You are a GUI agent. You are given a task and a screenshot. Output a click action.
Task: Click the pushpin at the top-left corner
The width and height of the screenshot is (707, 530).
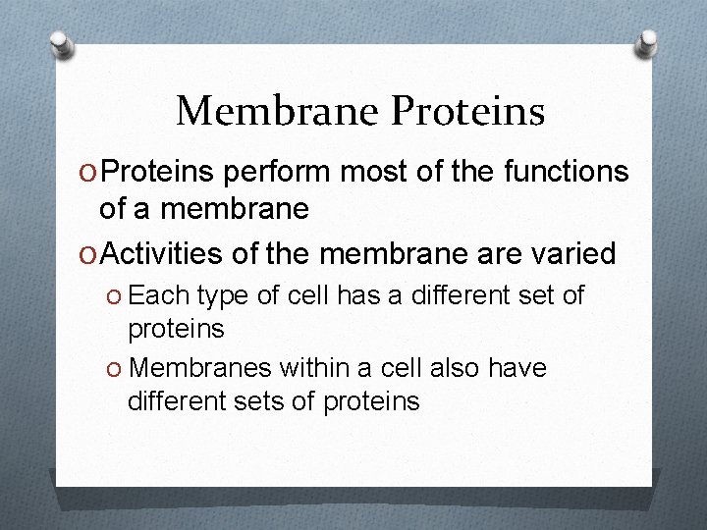click(x=61, y=43)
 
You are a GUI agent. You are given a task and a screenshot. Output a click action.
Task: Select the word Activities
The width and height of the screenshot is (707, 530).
click(x=163, y=254)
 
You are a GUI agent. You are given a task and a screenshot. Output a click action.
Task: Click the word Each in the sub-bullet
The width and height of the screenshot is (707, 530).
click(x=159, y=295)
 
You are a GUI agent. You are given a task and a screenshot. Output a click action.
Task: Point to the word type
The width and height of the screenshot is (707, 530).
click(x=223, y=296)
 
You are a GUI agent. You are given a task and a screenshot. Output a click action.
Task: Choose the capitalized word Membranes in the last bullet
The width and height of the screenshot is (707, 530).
click(x=200, y=368)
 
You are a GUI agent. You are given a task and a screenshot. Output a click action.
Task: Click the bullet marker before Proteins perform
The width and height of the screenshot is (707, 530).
click(x=88, y=174)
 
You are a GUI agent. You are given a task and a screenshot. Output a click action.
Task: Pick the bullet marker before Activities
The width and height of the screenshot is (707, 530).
click(x=88, y=255)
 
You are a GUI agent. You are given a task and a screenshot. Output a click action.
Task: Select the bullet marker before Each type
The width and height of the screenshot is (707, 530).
click(x=116, y=296)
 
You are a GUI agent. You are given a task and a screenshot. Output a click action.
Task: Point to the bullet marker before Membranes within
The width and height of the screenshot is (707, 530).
click(x=116, y=369)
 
